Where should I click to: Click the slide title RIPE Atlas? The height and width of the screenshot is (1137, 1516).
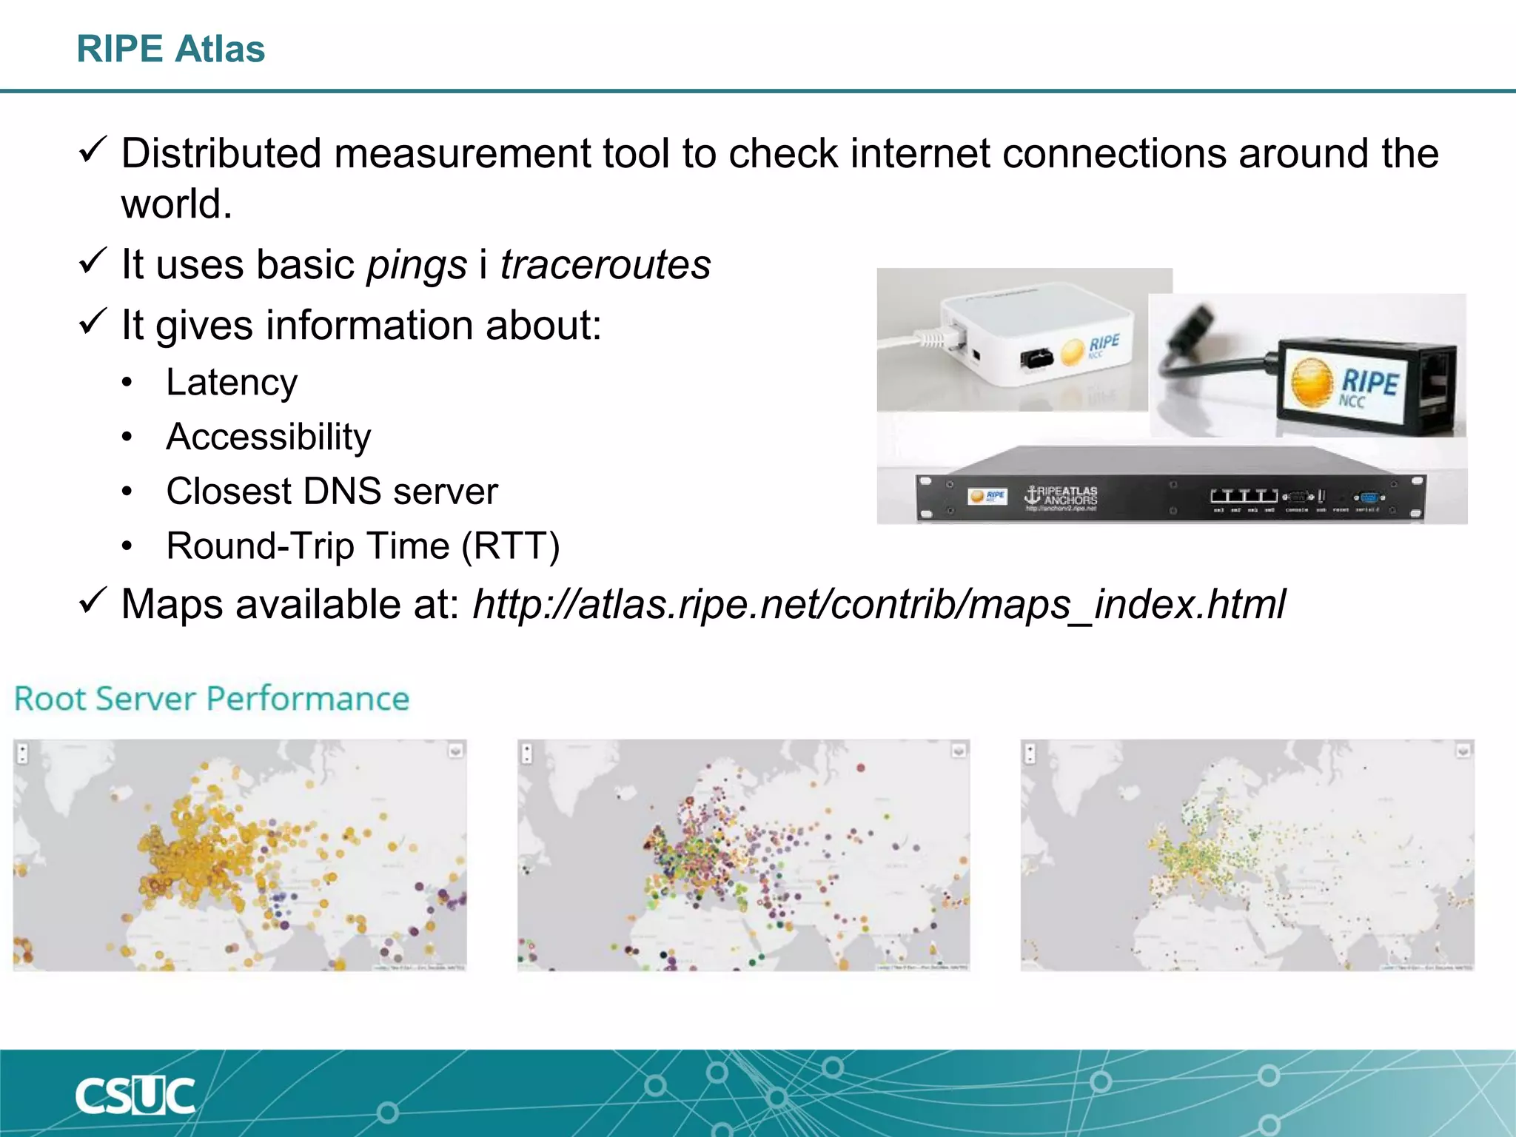point(170,49)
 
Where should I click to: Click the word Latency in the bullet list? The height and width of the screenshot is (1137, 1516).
point(232,383)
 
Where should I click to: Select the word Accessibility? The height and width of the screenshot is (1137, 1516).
point(268,437)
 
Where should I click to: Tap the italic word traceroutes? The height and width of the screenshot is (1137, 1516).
point(605,264)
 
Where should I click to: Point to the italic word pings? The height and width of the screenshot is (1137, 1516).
point(417,266)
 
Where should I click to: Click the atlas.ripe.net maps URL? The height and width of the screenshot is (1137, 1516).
point(879,604)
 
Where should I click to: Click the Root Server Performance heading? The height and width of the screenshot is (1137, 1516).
point(212,699)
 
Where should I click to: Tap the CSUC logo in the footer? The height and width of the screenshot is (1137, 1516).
point(135,1096)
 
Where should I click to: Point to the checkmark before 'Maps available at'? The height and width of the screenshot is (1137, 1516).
point(93,600)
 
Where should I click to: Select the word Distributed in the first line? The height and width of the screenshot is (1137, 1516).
point(221,153)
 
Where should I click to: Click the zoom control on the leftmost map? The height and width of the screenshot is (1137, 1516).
point(23,754)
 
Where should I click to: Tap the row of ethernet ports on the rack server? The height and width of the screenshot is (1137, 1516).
point(1244,495)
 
